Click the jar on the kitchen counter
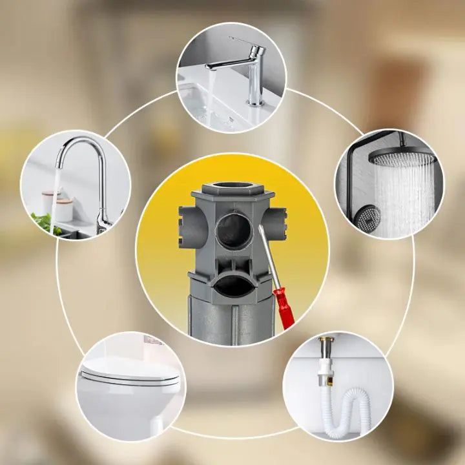coord(48,200)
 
